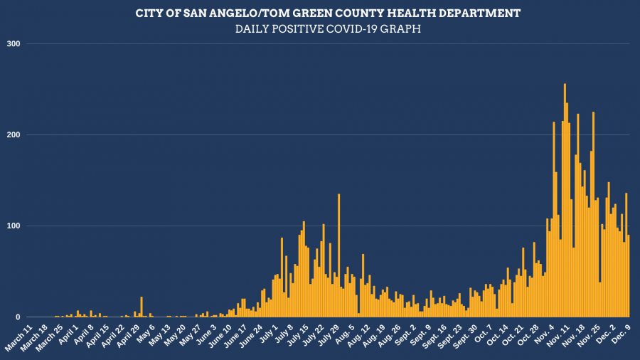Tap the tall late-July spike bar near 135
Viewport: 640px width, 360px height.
click(x=338, y=255)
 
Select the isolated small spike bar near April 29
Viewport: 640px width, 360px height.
click(x=142, y=307)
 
